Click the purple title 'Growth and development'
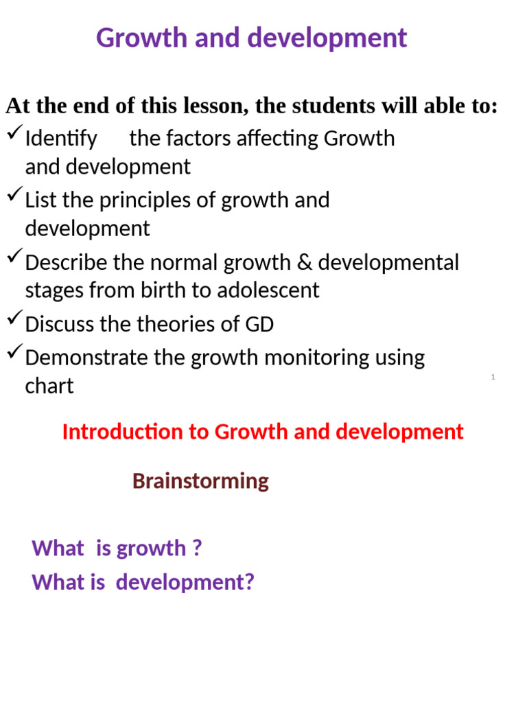click(x=251, y=38)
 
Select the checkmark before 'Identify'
click(x=15, y=132)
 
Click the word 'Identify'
click(x=61, y=139)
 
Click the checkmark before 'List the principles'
click(x=15, y=194)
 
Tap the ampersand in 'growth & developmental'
click(x=304, y=262)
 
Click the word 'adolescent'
click(x=268, y=290)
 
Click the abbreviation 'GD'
click(x=259, y=324)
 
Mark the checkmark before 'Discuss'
click(x=15, y=317)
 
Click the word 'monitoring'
click(x=317, y=358)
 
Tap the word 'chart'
click(x=49, y=386)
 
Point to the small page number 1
click(x=493, y=377)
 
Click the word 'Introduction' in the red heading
click(x=122, y=432)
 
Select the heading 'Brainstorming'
click(x=200, y=481)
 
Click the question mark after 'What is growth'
click(x=197, y=547)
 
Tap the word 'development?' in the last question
click(x=185, y=582)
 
